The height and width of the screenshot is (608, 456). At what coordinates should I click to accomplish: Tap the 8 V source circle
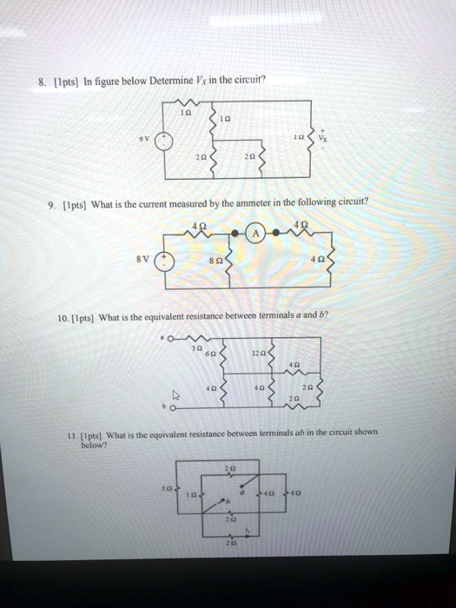click(x=170, y=263)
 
